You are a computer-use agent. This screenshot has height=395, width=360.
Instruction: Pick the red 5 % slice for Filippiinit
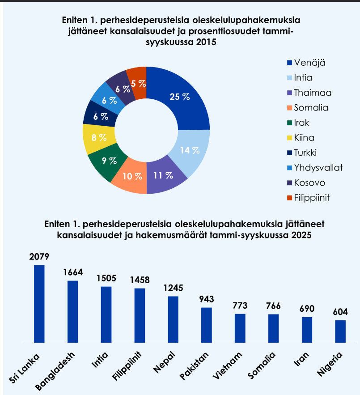[x=138, y=83]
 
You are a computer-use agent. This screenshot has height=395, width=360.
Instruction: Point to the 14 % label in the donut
[x=190, y=150]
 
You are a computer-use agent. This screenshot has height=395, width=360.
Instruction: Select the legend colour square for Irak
[x=289, y=123]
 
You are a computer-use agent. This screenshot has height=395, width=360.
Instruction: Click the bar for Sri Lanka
[x=39, y=304]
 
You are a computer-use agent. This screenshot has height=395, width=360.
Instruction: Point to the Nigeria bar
[x=340, y=331]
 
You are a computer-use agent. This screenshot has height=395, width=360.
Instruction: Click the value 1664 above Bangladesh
[x=73, y=273]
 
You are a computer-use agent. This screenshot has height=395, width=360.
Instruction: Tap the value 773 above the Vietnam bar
[x=240, y=306]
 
